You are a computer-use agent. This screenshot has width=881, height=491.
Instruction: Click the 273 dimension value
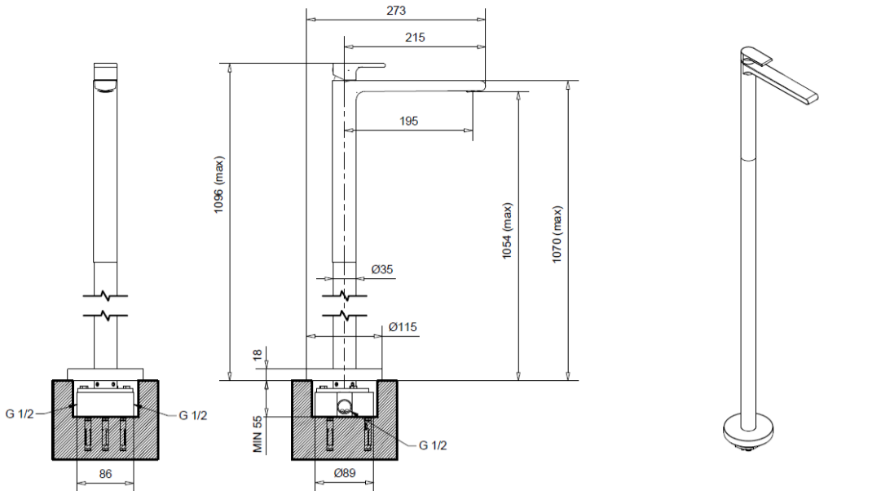pos(395,10)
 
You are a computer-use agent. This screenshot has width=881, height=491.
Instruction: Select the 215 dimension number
pos(415,38)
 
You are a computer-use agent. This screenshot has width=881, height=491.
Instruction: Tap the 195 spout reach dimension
pos(408,121)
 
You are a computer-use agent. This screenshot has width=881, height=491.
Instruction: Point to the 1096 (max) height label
pos(218,184)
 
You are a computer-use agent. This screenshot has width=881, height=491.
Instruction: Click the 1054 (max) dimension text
pos(507,231)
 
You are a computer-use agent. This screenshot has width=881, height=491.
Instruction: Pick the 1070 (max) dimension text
pos(557,234)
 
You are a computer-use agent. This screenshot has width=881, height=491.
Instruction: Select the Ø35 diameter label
pos(382,269)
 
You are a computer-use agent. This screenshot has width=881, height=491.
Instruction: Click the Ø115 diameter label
pos(403,327)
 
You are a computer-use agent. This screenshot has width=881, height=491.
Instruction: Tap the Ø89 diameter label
pos(345,473)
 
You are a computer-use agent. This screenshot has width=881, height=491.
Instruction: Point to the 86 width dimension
pos(105,474)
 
